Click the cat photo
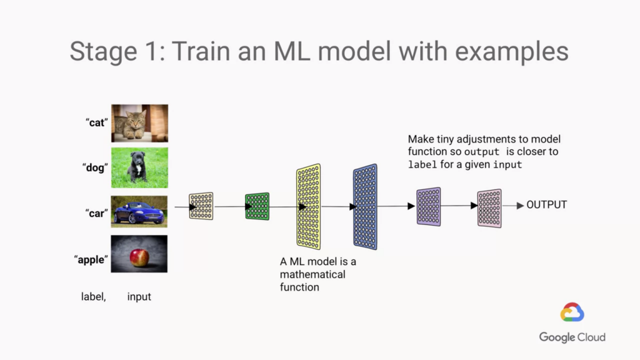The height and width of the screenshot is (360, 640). pos(139,123)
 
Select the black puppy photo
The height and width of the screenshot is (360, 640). pos(139,167)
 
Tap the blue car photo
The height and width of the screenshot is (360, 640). pos(139,211)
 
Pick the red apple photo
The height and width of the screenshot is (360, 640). pos(139,254)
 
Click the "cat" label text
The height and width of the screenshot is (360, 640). pos(96,123)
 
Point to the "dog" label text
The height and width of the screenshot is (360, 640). pos(96,167)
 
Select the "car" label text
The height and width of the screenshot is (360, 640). pos(97,213)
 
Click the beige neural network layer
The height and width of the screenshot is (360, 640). pos(201,206)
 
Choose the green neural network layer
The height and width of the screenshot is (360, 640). pos(257,206)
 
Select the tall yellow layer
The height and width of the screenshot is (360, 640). pos(309,207)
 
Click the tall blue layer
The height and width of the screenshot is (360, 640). pos(365,207)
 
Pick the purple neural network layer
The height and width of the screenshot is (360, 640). pos(429,206)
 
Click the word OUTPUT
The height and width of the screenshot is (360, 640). pos(547,205)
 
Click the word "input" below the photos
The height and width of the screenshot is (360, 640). pos(139,297)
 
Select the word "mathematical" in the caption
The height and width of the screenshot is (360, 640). pos(312,274)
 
